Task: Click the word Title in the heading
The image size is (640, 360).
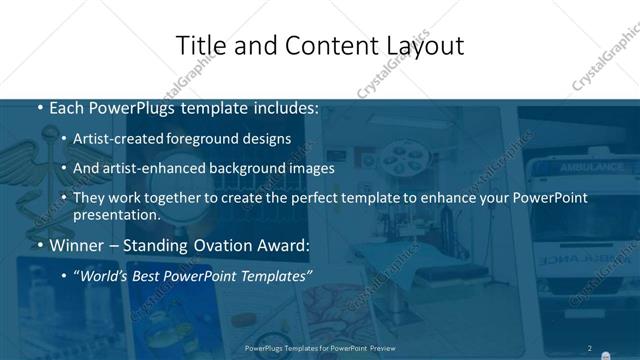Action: [197, 45]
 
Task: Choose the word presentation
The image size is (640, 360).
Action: [116, 215]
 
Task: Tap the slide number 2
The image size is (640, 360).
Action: [590, 348]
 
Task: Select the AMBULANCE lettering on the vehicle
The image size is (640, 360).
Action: [591, 166]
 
